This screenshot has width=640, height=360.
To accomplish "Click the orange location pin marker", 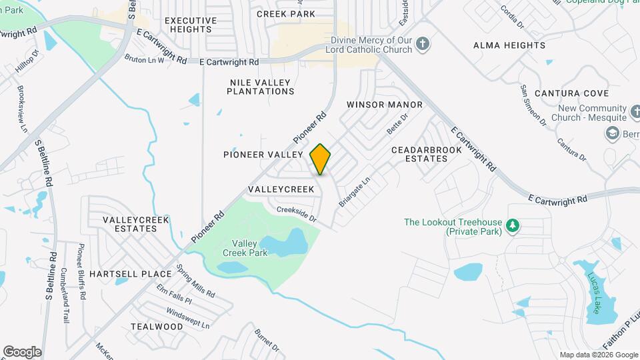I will tap(321, 159).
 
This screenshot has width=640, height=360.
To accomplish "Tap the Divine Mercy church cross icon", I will tap(422, 44).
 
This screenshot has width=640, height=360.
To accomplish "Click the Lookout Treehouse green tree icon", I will tap(513, 226).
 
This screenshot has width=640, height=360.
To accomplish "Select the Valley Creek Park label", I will tap(249, 248).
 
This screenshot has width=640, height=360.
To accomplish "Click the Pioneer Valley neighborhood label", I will tap(263, 155).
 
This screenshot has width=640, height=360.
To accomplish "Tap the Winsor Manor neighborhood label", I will tap(385, 105).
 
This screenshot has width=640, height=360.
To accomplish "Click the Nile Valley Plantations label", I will tap(260, 87).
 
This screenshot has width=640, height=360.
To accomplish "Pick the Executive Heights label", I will tap(190, 25).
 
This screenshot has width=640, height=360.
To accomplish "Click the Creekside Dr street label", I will tap(296, 213).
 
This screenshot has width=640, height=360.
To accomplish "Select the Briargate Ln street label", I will tap(354, 191).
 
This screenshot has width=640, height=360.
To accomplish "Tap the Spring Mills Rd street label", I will tap(196, 281).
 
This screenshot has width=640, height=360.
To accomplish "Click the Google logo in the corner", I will tap(22, 352).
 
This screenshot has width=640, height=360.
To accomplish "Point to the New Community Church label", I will tap(593, 113).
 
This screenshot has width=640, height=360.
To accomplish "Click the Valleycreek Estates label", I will tap(130, 223).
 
